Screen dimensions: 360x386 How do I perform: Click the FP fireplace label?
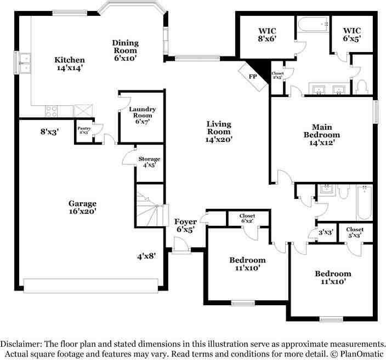click(x=253, y=77)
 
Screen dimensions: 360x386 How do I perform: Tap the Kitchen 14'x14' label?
click(x=69, y=65)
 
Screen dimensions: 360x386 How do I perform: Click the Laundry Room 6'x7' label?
click(x=143, y=115)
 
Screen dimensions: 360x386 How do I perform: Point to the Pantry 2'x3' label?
click(x=84, y=130)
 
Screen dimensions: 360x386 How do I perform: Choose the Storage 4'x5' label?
click(x=149, y=162)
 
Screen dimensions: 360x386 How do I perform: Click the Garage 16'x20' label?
click(x=82, y=207)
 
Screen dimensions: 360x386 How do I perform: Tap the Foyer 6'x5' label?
click(x=185, y=225)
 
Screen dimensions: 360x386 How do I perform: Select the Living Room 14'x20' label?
click(x=219, y=132)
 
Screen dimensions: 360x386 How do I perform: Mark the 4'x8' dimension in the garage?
click(x=147, y=256)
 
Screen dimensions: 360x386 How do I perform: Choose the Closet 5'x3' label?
click(x=355, y=233)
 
